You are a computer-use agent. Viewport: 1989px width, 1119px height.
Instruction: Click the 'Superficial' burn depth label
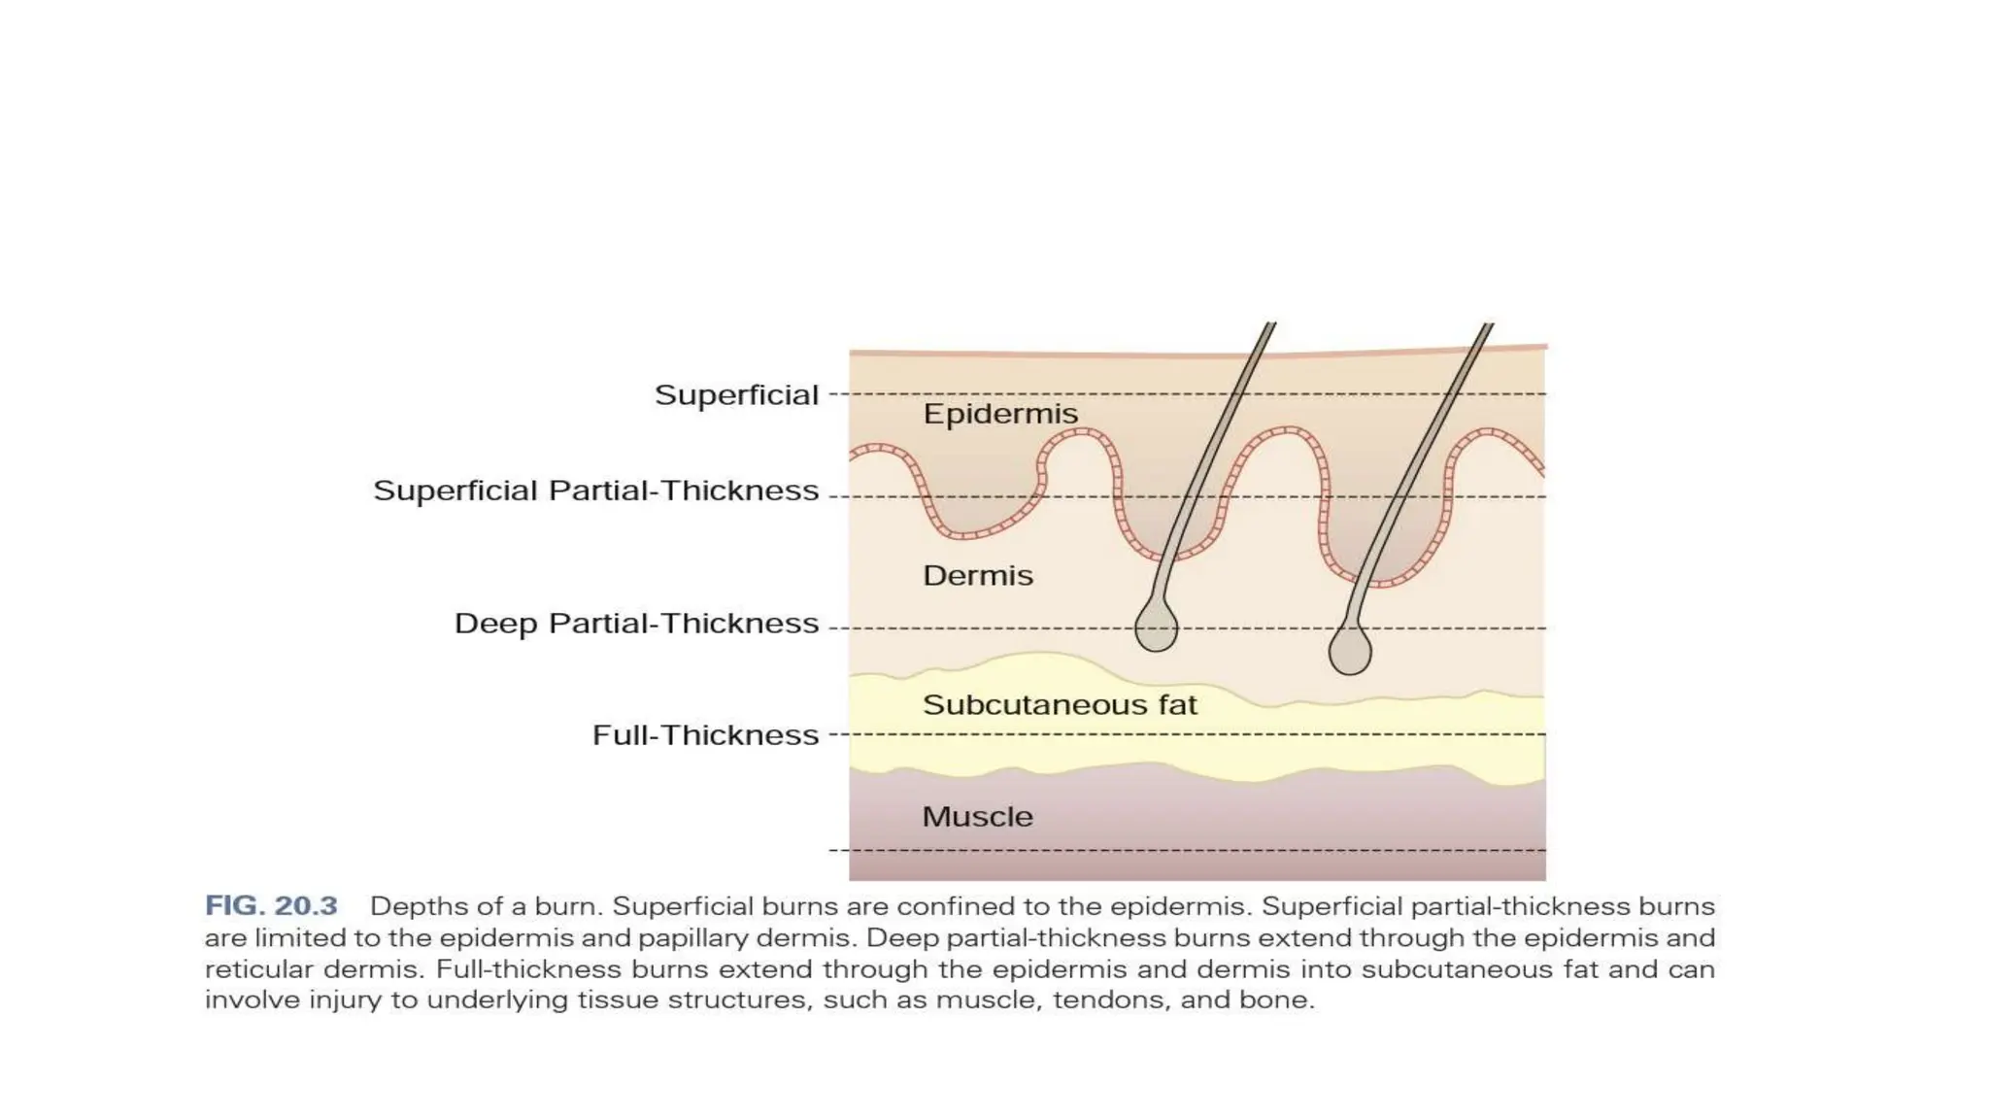(x=736, y=395)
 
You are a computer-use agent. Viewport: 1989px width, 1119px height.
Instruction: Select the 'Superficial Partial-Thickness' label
(x=596, y=491)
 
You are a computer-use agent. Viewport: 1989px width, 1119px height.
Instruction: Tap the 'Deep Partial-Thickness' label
(x=636, y=624)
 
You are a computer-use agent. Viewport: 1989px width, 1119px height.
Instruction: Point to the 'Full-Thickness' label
(x=705, y=735)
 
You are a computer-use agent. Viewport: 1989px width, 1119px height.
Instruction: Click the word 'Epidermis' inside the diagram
(x=1000, y=415)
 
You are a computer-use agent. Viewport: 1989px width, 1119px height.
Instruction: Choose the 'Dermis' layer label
(x=977, y=576)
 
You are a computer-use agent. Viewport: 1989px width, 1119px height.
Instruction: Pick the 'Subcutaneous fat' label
(x=1060, y=705)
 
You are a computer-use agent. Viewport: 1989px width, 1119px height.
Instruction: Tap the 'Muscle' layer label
(x=977, y=817)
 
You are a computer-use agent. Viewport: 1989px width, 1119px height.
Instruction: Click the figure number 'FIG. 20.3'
(x=271, y=906)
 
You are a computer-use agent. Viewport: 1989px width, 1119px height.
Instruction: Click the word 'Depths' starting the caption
(x=414, y=907)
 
